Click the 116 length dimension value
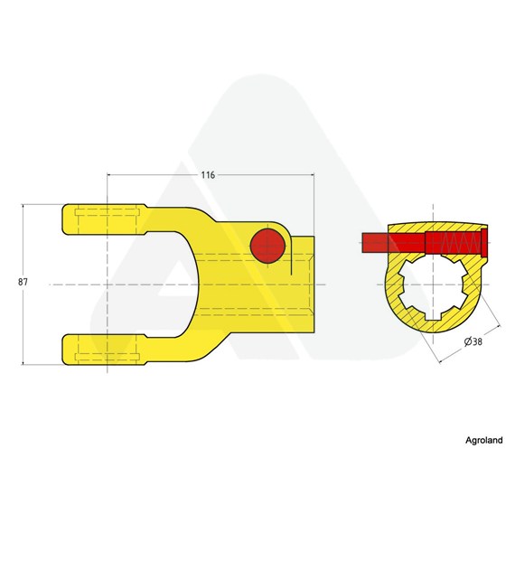pyautogui.click(x=208, y=175)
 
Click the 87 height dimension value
pyautogui.click(x=23, y=282)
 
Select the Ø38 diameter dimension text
pyautogui.click(x=473, y=341)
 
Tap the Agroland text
pyautogui.click(x=483, y=440)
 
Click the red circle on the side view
pyautogui.click(x=267, y=246)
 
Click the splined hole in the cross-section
pyautogui.click(x=433, y=289)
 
